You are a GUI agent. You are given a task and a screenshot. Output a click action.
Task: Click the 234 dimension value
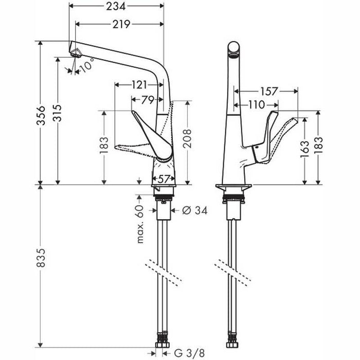click(116, 6)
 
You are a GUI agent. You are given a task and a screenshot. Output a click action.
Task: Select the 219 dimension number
click(121, 24)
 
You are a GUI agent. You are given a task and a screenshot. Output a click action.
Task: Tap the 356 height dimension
click(41, 115)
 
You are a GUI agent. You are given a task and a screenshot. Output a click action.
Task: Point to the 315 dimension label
click(58, 113)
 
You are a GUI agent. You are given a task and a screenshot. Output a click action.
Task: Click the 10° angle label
click(87, 65)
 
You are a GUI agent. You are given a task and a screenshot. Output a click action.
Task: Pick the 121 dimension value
click(139, 85)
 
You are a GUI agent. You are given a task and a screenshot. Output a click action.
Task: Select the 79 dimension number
click(148, 100)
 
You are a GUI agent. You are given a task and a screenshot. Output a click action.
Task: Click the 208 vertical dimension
click(187, 138)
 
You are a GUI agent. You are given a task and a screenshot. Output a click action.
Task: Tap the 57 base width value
click(164, 179)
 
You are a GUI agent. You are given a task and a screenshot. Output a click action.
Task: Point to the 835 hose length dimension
click(41, 257)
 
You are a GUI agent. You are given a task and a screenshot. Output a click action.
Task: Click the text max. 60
click(140, 224)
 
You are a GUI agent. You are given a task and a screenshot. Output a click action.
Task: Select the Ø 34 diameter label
click(195, 210)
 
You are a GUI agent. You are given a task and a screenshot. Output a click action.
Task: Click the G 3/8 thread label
click(189, 353)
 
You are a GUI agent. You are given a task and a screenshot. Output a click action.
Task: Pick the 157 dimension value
click(269, 91)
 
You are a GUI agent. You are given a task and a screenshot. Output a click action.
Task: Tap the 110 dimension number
click(257, 105)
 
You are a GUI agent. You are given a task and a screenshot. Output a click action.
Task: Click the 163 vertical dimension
click(304, 150)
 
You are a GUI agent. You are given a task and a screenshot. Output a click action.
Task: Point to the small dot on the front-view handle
click(257, 147)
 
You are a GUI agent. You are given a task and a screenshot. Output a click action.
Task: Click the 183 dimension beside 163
click(318, 146)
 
